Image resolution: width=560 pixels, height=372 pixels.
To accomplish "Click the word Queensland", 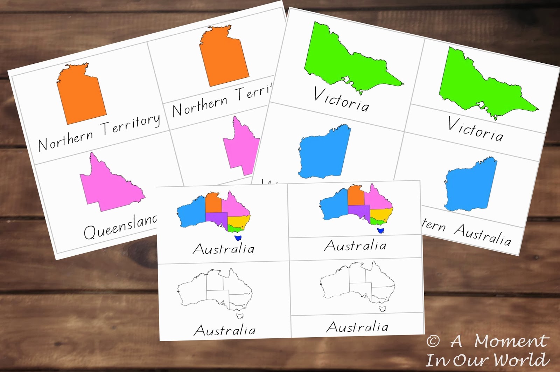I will (x=120, y=227).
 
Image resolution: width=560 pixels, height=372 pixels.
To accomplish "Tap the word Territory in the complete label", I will (x=131, y=124).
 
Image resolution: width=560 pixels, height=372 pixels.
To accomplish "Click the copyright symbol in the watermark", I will (x=433, y=341).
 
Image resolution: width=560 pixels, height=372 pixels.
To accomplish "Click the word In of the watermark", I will (x=435, y=360).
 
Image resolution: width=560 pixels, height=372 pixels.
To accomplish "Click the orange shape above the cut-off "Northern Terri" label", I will (x=224, y=58).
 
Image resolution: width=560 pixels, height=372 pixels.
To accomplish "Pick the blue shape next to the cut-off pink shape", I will (x=324, y=152).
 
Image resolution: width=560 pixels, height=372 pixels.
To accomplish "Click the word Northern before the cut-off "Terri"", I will (x=200, y=106).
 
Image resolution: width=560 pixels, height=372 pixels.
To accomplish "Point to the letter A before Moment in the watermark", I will (x=456, y=341).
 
